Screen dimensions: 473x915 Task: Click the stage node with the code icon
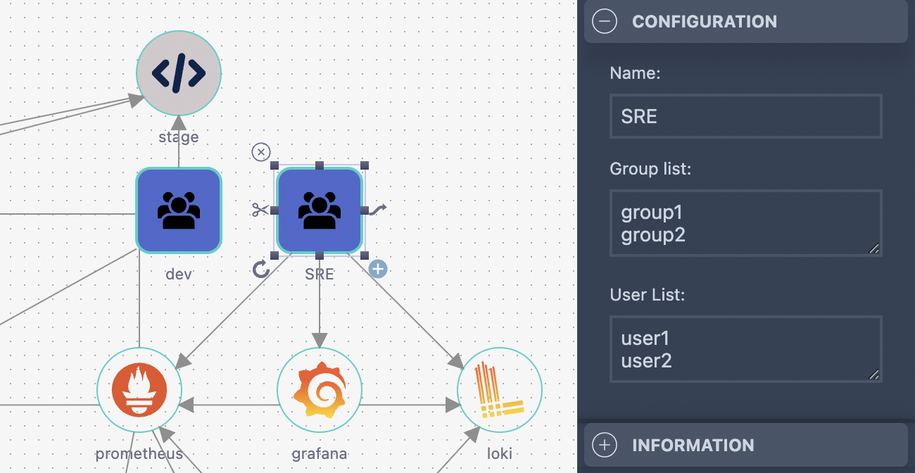(x=179, y=72)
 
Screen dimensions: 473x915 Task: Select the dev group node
(x=179, y=210)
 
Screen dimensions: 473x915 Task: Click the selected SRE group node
(x=320, y=210)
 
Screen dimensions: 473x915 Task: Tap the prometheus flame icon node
(x=139, y=389)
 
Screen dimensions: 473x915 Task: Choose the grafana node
(x=320, y=389)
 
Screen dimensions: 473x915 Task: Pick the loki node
(x=500, y=389)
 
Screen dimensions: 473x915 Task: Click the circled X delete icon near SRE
(x=261, y=152)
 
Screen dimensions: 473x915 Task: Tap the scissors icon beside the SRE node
(x=260, y=210)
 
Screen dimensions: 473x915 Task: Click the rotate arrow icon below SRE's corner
(x=261, y=269)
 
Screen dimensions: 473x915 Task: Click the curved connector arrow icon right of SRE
(x=379, y=209)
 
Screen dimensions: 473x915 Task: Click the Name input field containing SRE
(x=745, y=116)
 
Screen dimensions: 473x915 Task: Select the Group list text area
(x=745, y=223)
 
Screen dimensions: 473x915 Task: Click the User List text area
(x=745, y=350)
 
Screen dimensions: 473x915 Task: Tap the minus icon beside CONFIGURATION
(x=605, y=21)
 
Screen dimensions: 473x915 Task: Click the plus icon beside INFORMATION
(x=605, y=445)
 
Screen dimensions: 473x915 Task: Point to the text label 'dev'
(x=179, y=274)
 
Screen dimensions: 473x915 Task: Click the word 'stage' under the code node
(x=179, y=137)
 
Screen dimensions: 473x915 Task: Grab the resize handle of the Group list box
(x=874, y=248)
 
